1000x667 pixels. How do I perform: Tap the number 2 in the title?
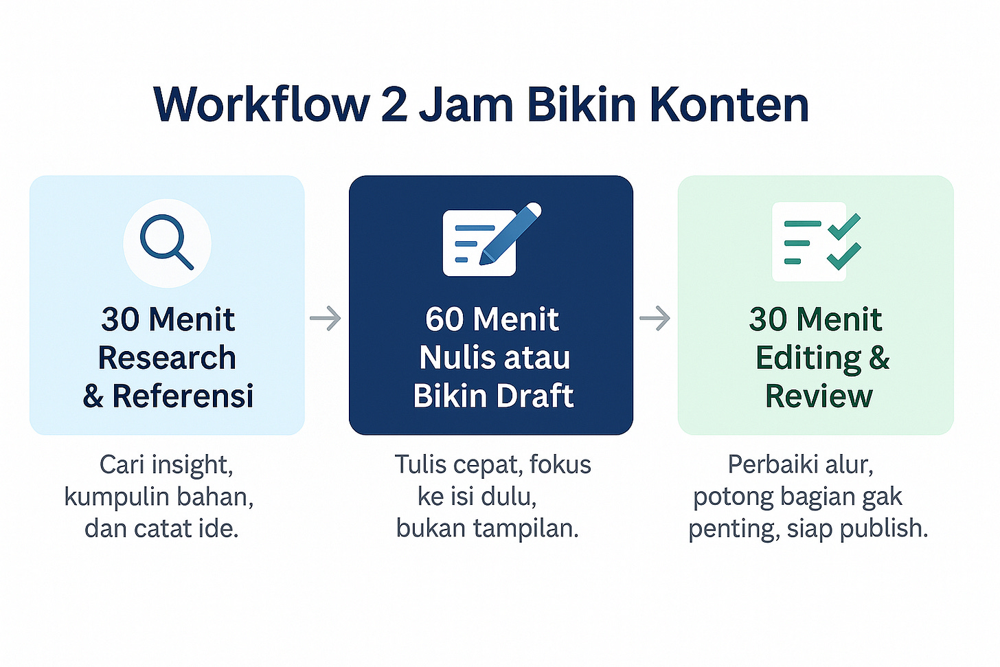(x=394, y=104)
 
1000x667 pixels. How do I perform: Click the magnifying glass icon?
(x=167, y=242)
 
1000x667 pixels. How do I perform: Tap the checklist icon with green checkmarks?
(x=817, y=242)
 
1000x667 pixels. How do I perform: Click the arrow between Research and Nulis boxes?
(x=326, y=318)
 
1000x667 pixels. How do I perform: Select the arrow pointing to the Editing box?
(x=655, y=318)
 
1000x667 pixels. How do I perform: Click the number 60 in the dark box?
(x=444, y=319)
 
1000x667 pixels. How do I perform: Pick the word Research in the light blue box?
(x=167, y=358)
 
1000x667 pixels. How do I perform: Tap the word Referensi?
(x=183, y=396)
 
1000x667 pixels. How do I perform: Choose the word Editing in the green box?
(x=808, y=359)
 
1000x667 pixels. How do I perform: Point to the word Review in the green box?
(x=819, y=396)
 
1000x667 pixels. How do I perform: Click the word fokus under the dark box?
(x=560, y=465)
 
